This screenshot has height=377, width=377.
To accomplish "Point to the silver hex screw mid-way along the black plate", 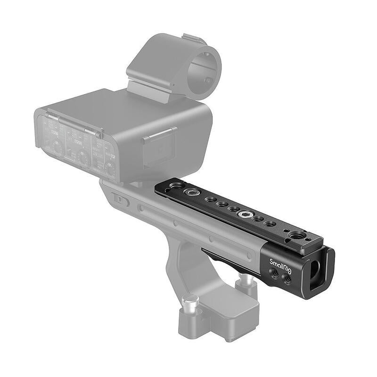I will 245,215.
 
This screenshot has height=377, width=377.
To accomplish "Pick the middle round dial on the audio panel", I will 84,157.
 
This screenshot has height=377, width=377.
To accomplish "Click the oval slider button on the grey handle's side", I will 122,201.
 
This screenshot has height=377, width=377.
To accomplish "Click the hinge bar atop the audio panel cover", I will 73,122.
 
